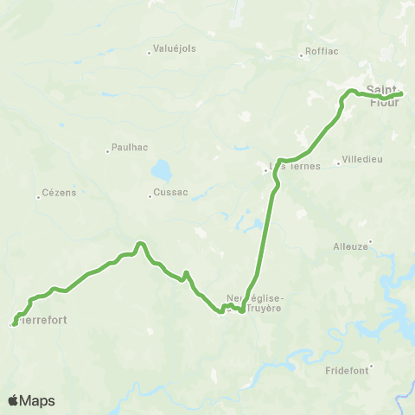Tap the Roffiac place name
coord(321,51)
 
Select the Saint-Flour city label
coord(383,95)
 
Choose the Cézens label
coord(59,192)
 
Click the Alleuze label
coord(351,246)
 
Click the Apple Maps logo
coord(31,400)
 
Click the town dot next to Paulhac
coord(108,150)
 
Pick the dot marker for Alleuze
coord(370,241)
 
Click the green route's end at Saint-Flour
coord(401,94)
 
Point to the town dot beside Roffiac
coord(301,54)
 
